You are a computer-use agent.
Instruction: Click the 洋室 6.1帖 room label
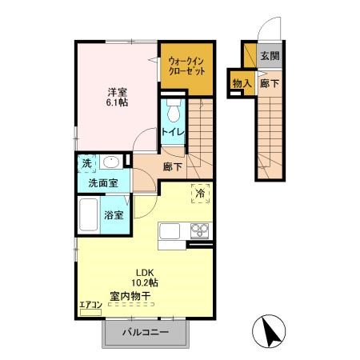click(x=116, y=96)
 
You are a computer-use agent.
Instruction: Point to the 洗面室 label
click(x=103, y=182)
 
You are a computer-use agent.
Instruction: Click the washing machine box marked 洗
click(x=87, y=163)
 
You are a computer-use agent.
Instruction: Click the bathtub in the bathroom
click(x=89, y=214)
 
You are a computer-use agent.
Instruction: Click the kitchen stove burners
click(x=198, y=232)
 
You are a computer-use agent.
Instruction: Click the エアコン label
click(x=88, y=304)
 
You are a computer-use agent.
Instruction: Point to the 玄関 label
click(x=270, y=56)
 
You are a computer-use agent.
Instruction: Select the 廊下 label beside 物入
click(x=270, y=83)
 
